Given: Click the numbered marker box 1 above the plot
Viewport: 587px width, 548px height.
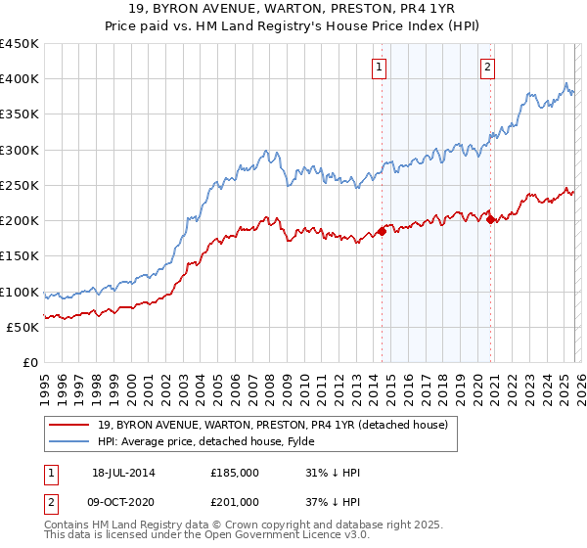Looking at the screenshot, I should click(x=379, y=68).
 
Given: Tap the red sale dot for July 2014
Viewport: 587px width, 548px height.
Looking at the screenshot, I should click(x=383, y=231).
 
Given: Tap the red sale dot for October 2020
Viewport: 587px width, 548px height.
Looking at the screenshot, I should click(x=490, y=220).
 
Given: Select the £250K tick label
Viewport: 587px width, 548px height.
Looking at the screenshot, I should click(x=20, y=186).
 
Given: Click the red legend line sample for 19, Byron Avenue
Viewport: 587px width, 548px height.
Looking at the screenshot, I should click(x=69, y=425).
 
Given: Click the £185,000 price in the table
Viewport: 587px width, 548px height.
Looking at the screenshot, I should click(x=235, y=473).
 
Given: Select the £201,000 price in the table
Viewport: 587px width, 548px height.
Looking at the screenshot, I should click(x=235, y=502).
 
